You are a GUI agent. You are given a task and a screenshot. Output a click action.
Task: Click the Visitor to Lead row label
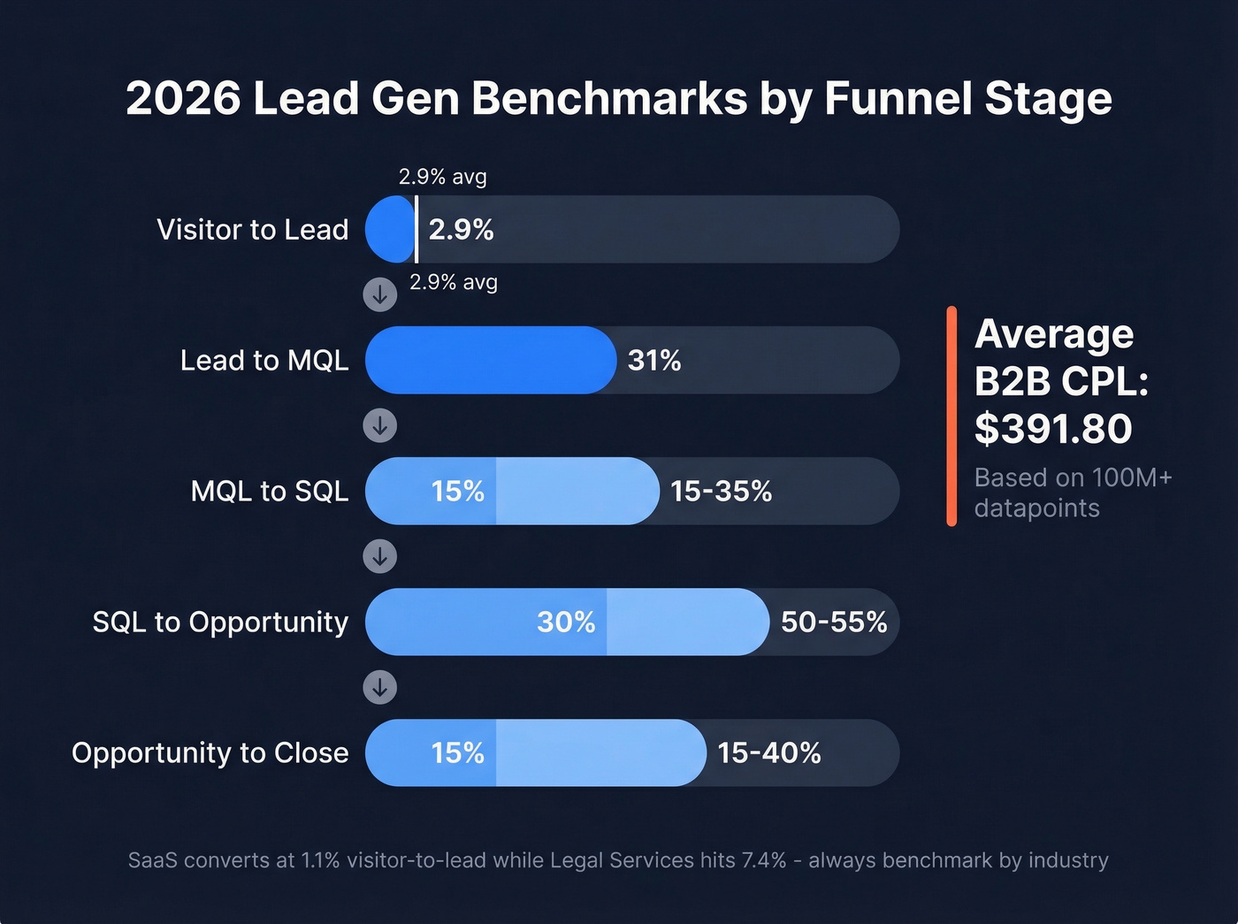tap(252, 230)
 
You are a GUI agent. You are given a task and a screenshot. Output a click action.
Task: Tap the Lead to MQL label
tap(264, 361)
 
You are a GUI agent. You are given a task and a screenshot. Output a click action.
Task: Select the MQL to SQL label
tap(269, 492)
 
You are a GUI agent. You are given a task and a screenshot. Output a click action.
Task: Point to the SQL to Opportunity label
tap(220, 622)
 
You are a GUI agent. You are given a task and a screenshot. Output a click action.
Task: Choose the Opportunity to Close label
tap(210, 753)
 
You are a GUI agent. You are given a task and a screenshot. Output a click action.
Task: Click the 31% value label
tap(654, 361)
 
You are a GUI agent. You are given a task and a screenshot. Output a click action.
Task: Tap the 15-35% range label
tap(721, 492)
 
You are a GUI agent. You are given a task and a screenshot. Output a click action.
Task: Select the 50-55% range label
tap(833, 622)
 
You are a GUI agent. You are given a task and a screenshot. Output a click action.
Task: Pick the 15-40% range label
tap(768, 753)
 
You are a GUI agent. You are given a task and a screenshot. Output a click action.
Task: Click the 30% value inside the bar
tap(566, 622)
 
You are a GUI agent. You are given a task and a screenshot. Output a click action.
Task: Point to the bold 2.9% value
tap(461, 230)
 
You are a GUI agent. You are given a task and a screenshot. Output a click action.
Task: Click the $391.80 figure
tap(1053, 430)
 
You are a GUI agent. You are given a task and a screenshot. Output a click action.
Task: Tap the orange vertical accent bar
tap(951, 416)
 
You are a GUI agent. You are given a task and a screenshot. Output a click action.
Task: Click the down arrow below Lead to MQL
tap(380, 426)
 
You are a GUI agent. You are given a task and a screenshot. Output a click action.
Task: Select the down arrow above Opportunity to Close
tap(380, 688)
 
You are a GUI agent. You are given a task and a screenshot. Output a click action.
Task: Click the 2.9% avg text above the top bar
tap(442, 177)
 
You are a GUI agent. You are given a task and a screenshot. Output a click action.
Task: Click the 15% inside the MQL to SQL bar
tap(457, 492)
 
